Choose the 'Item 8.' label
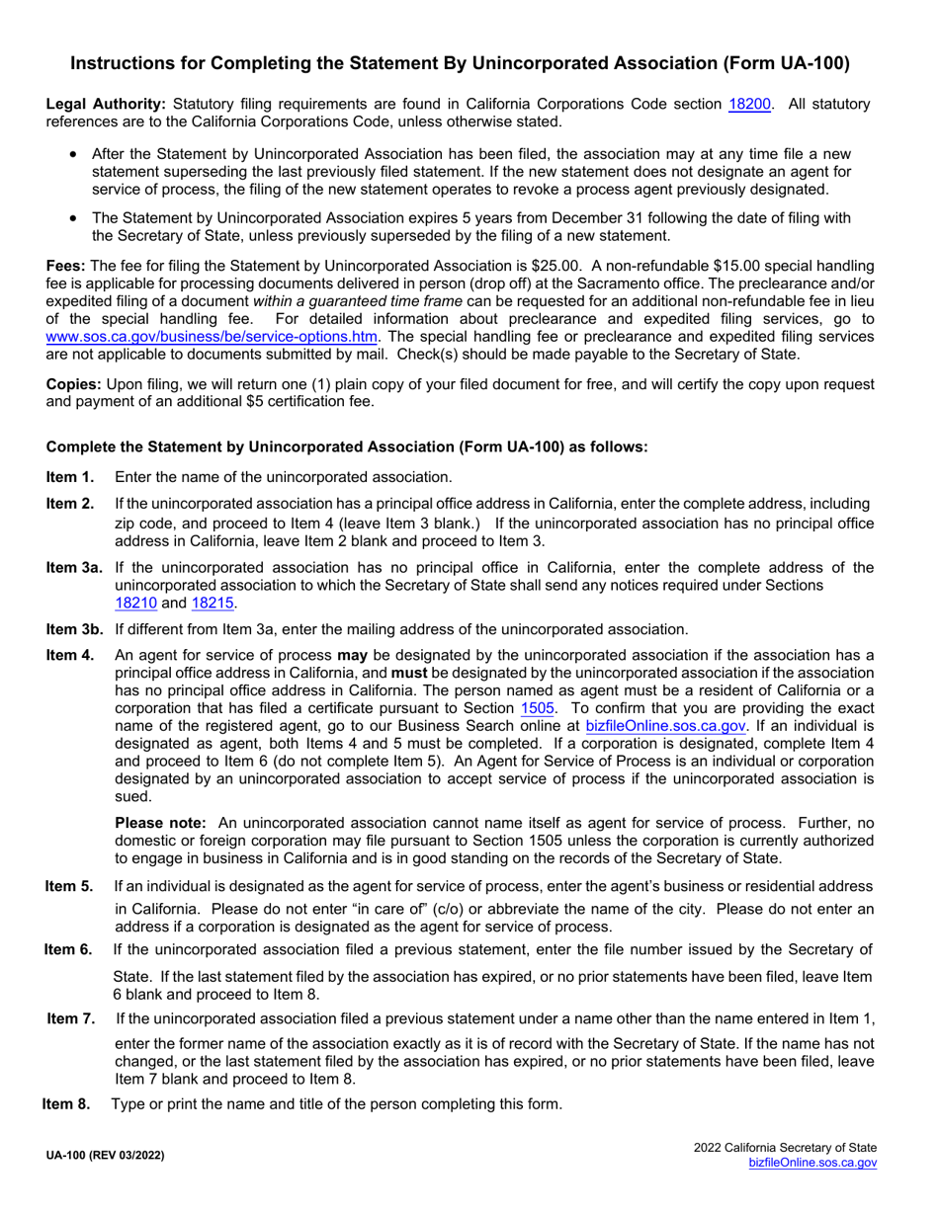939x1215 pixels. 66,1104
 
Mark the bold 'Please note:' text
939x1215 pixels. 160,822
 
